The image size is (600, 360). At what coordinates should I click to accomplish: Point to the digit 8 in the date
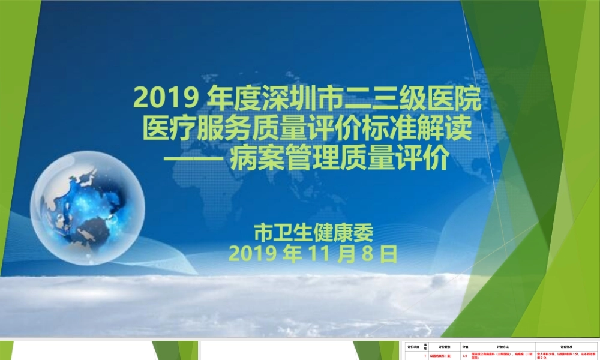[366, 255]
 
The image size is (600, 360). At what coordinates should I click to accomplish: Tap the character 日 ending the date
[389, 255]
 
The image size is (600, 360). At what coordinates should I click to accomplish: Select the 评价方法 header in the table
[502, 346]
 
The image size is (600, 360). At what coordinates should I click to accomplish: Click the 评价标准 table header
[567, 346]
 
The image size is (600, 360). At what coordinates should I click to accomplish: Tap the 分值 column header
[465, 346]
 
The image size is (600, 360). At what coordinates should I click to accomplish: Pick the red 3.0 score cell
[465, 356]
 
